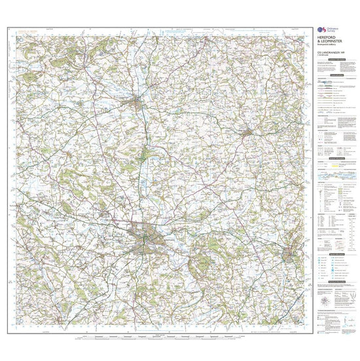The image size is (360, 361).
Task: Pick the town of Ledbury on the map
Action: tap(290, 252)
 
